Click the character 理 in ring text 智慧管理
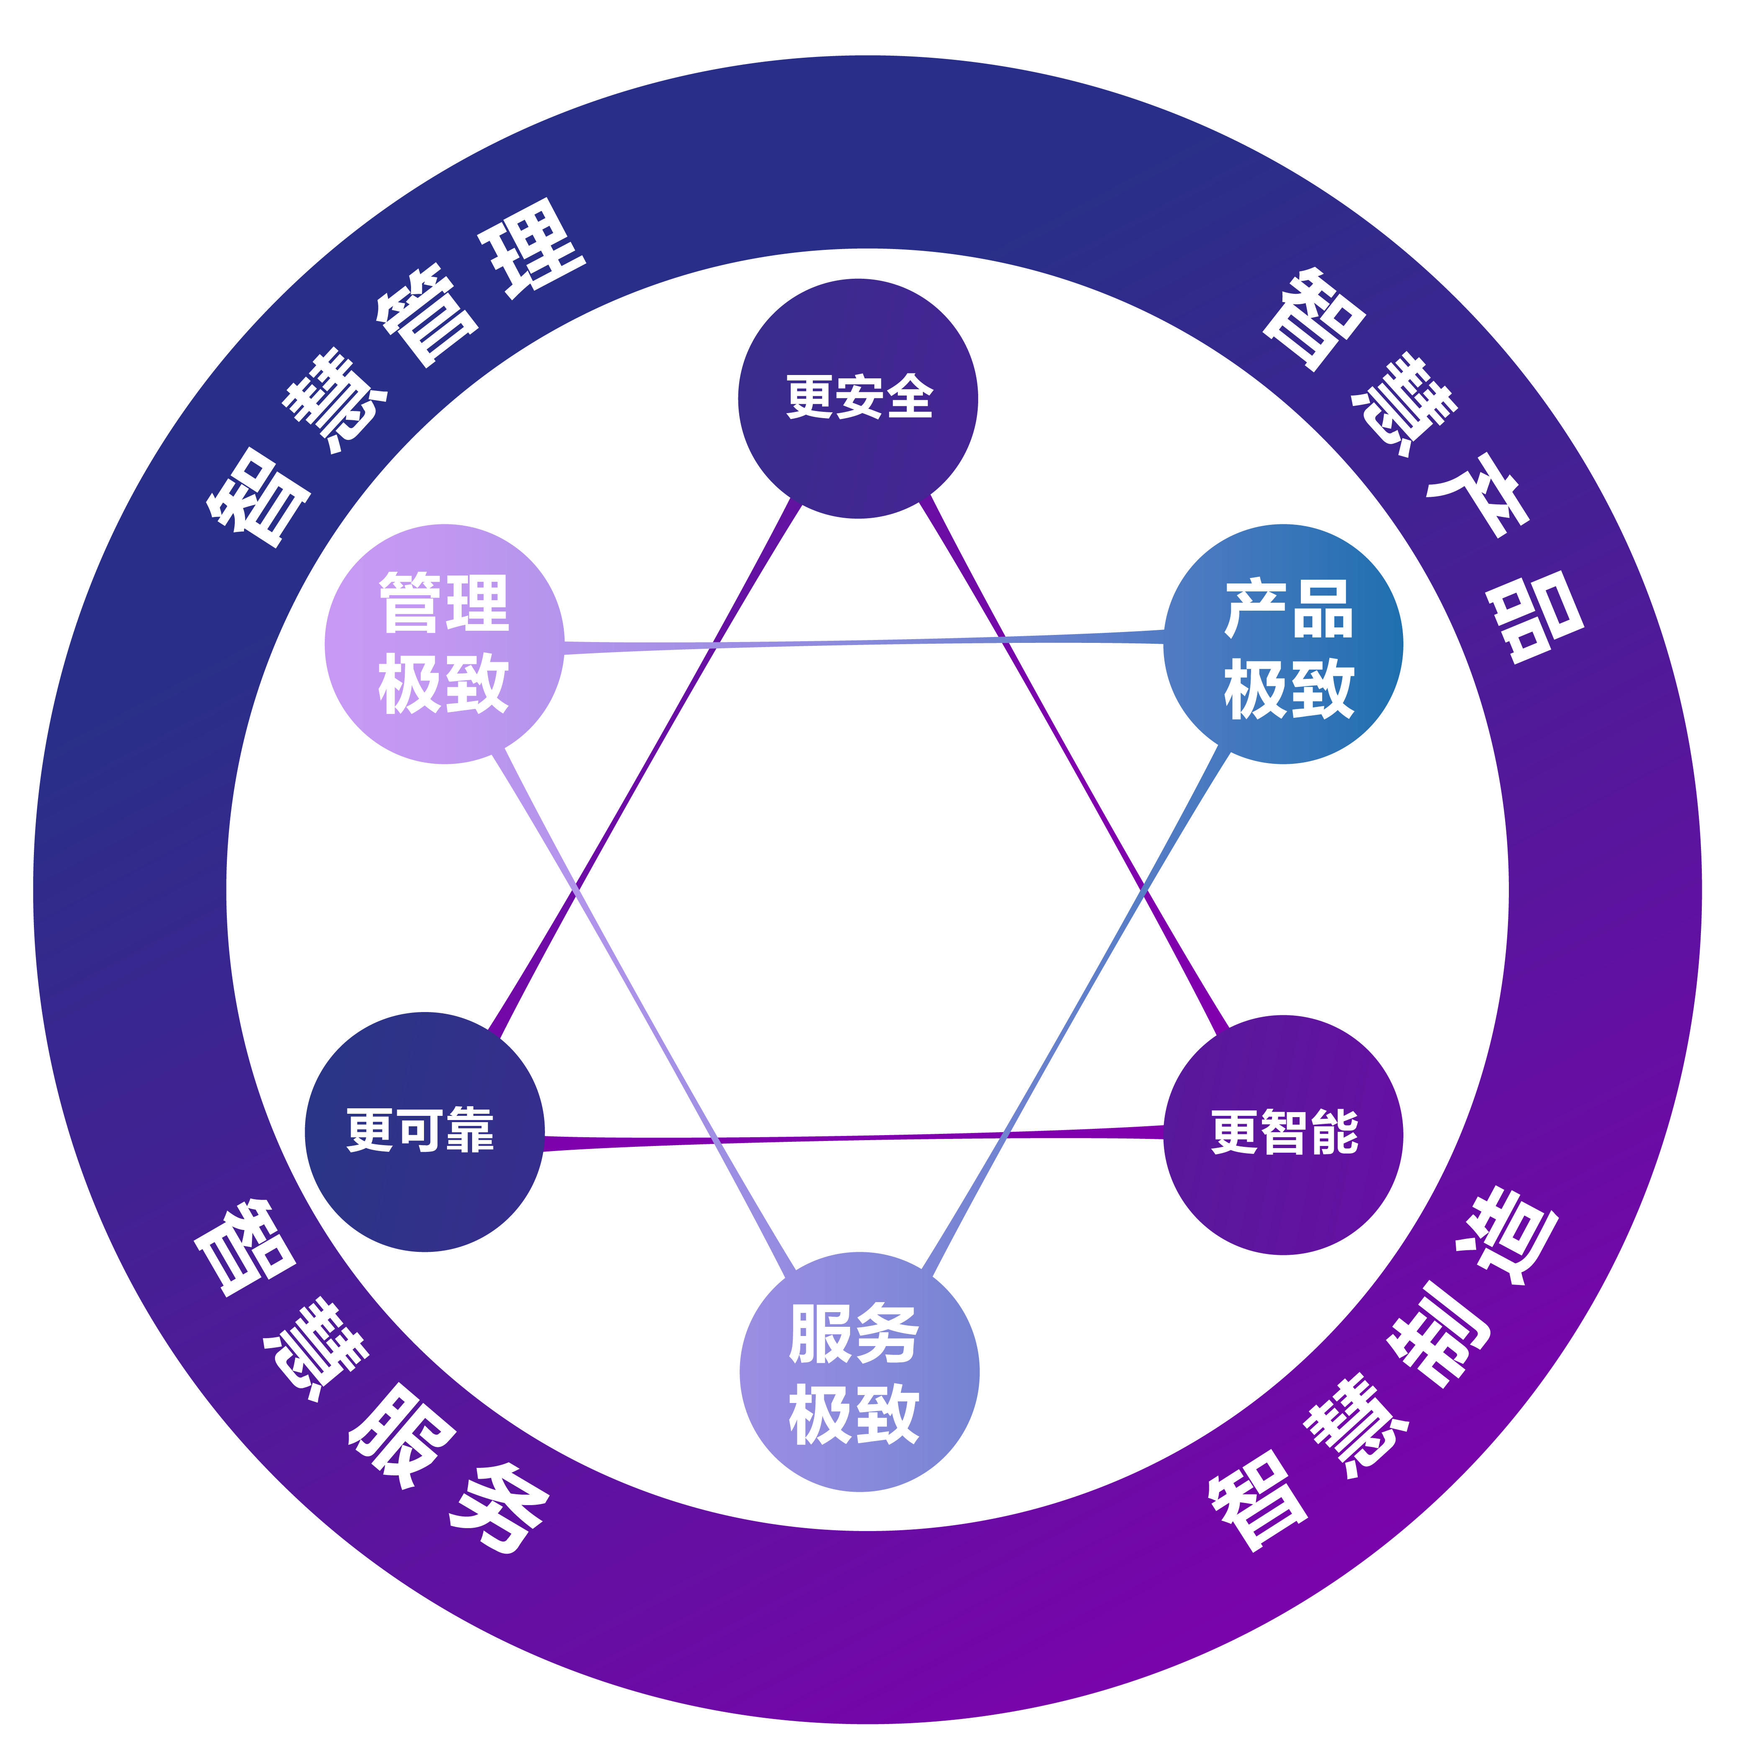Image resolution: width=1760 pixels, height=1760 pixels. tap(533, 248)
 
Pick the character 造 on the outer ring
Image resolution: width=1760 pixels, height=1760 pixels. tap(1506, 1237)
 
